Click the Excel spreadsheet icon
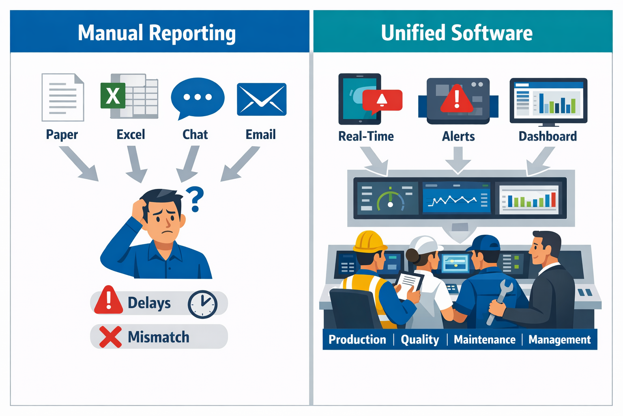[x=129, y=96]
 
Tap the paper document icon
[x=63, y=97]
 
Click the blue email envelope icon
[x=262, y=100]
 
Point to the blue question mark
[x=195, y=198]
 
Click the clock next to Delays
[x=202, y=304]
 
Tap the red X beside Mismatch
[x=110, y=337]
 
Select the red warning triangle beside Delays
[x=108, y=301]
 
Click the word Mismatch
[x=159, y=337]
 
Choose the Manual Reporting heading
[x=157, y=33]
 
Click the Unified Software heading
[x=457, y=33]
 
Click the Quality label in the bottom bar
[x=420, y=340]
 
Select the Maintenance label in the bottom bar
[x=484, y=340]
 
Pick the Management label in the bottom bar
[x=559, y=340]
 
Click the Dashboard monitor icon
[x=548, y=101]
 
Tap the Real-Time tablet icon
[x=360, y=99]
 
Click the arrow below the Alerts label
[x=458, y=160]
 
